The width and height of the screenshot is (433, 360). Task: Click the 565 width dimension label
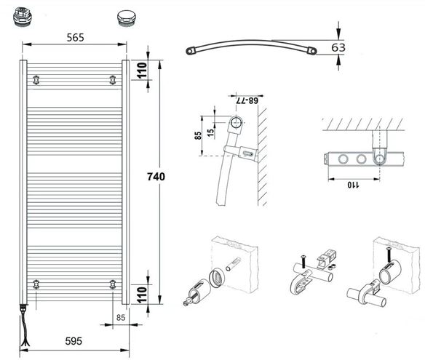click(x=75, y=38)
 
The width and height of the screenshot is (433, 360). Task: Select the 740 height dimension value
click(x=156, y=177)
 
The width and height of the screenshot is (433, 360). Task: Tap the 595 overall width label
click(x=74, y=341)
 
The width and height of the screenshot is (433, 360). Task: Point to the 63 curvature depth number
click(x=338, y=47)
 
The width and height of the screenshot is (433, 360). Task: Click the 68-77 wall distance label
click(x=247, y=100)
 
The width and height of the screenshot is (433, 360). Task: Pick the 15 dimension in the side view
click(x=210, y=132)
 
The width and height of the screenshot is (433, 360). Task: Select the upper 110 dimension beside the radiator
click(x=142, y=71)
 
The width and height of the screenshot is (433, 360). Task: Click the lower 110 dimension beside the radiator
click(x=142, y=295)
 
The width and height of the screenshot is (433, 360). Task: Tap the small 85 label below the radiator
click(x=121, y=318)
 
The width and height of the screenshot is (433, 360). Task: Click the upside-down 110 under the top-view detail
click(x=354, y=185)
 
